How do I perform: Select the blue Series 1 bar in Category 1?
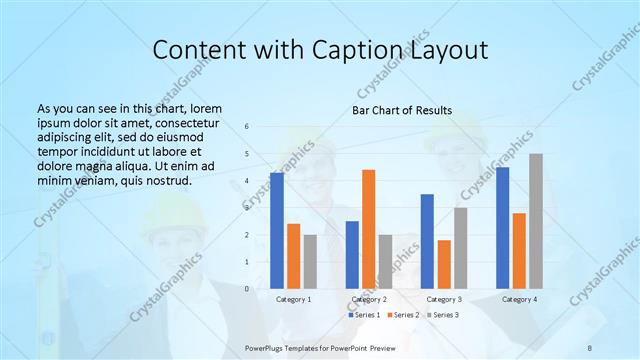[x=277, y=231]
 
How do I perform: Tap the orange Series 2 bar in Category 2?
[x=368, y=229]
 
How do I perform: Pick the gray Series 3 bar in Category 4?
[x=536, y=221]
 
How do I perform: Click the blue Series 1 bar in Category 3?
[x=427, y=241]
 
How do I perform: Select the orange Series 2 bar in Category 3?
[x=444, y=264]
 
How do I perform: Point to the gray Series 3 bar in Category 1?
[x=310, y=261]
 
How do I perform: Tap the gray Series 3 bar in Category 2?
[x=385, y=261]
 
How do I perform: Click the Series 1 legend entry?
[x=366, y=315]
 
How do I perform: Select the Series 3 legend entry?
[x=444, y=315]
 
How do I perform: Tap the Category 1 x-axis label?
[x=293, y=299]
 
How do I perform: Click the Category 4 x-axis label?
[x=518, y=299]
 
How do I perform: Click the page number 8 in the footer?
[x=590, y=346]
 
